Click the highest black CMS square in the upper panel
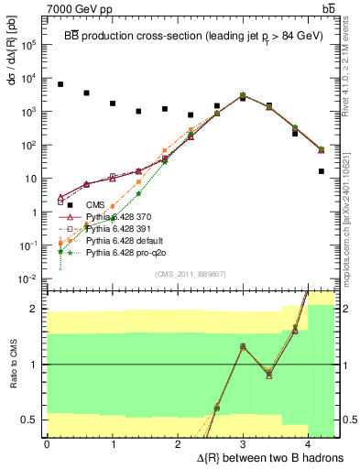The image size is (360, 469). (x=60, y=84)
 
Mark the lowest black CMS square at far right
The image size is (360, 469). (x=322, y=171)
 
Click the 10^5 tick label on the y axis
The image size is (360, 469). (x=29, y=43)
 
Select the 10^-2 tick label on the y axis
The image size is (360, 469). (x=28, y=278)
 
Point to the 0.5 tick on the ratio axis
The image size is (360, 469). (x=30, y=420)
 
